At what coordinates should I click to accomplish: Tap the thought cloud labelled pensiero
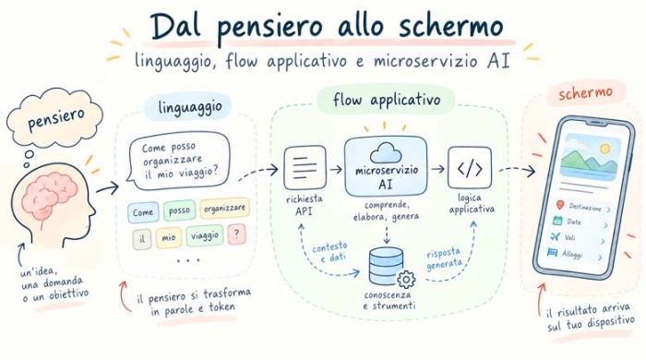tap(54, 117)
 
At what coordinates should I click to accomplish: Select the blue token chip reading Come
tap(143, 212)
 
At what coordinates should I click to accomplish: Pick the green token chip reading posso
tap(179, 210)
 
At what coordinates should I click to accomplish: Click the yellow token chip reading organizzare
tap(224, 209)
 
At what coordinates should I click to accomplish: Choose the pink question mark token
tap(236, 234)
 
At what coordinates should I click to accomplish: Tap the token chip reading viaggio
tap(205, 235)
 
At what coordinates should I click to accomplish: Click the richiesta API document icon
tap(305, 168)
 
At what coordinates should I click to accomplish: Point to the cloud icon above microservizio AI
tap(386, 153)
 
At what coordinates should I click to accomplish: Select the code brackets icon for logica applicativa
tap(470, 168)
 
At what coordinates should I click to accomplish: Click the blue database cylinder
tap(386, 266)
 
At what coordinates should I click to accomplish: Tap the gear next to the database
tap(406, 280)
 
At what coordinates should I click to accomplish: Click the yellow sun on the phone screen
tap(604, 149)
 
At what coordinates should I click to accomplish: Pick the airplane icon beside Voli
tap(556, 237)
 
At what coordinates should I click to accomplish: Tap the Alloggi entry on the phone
tap(574, 254)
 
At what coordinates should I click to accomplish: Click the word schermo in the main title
tap(451, 26)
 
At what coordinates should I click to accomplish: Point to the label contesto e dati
tap(329, 252)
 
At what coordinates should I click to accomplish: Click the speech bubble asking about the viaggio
tap(178, 161)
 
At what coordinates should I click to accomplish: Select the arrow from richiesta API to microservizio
tap(336, 169)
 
